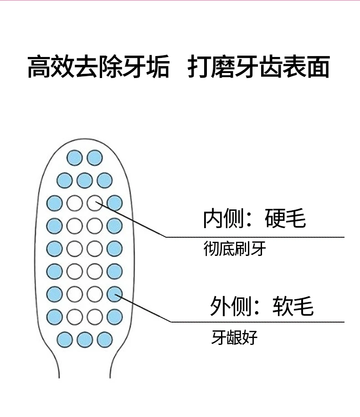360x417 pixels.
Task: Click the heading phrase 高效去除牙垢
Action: point(98,67)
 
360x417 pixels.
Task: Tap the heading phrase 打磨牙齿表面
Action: point(258,67)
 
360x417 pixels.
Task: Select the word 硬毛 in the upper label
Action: point(285,219)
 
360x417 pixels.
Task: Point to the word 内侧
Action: point(223,219)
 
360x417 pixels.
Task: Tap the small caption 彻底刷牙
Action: point(234,249)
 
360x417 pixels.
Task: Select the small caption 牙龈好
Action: point(234,338)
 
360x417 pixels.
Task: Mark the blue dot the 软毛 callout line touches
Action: point(114,293)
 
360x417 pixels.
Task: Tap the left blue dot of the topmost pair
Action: point(75,158)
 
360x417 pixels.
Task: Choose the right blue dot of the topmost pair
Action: point(95,158)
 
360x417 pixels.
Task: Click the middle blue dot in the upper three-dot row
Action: point(85,180)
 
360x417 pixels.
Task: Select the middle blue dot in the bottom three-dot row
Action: point(85,339)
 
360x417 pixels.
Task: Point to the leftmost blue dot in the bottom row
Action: point(65,339)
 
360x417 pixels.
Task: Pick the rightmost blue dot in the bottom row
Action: point(105,339)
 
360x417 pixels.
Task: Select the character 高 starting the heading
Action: point(39,67)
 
